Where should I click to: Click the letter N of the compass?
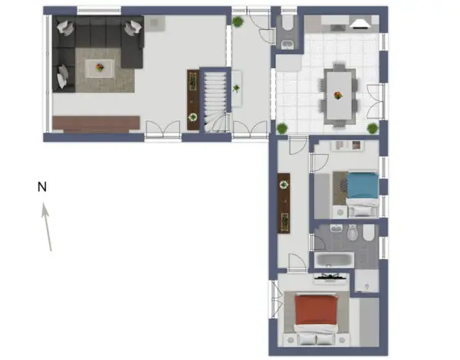(x=43, y=186)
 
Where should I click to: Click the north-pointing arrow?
(x=48, y=226)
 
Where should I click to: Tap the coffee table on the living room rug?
(x=100, y=69)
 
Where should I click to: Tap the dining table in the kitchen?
(x=337, y=95)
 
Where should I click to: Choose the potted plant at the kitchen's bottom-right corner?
(x=373, y=127)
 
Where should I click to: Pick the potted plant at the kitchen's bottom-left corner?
(x=282, y=127)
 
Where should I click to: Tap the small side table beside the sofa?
(x=156, y=21)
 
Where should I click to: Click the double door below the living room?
(x=163, y=130)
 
